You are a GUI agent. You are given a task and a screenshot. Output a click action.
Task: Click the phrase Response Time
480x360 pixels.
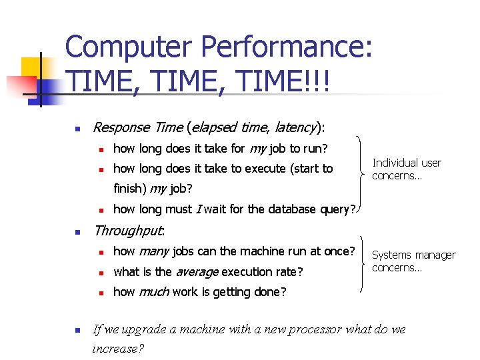(x=138, y=127)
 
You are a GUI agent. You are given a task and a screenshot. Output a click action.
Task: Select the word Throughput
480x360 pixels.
(x=128, y=231)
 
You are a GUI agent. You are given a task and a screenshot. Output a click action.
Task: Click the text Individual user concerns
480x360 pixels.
(x=406, y=169)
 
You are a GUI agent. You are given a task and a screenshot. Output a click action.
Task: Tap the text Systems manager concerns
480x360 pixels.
(x=413, y=261)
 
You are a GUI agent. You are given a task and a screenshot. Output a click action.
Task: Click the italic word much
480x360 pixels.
(x=153, y=292)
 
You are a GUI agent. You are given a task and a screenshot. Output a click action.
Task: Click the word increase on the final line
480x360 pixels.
(x=117, y=348)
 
